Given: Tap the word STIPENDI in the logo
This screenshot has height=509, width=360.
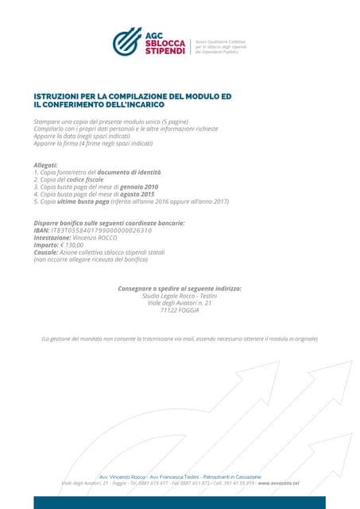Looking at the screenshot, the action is point(165,52).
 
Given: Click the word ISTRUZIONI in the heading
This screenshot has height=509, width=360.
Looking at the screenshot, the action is point(60,96).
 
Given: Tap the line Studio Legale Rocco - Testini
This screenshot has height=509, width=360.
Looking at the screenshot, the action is point(180,295).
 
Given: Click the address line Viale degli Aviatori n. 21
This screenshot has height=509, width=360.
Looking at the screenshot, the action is point(180,302).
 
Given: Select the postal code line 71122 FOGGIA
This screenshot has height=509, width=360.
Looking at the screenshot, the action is point(180,310).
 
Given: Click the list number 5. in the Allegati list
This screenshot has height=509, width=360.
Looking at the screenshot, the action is point(37,202).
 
